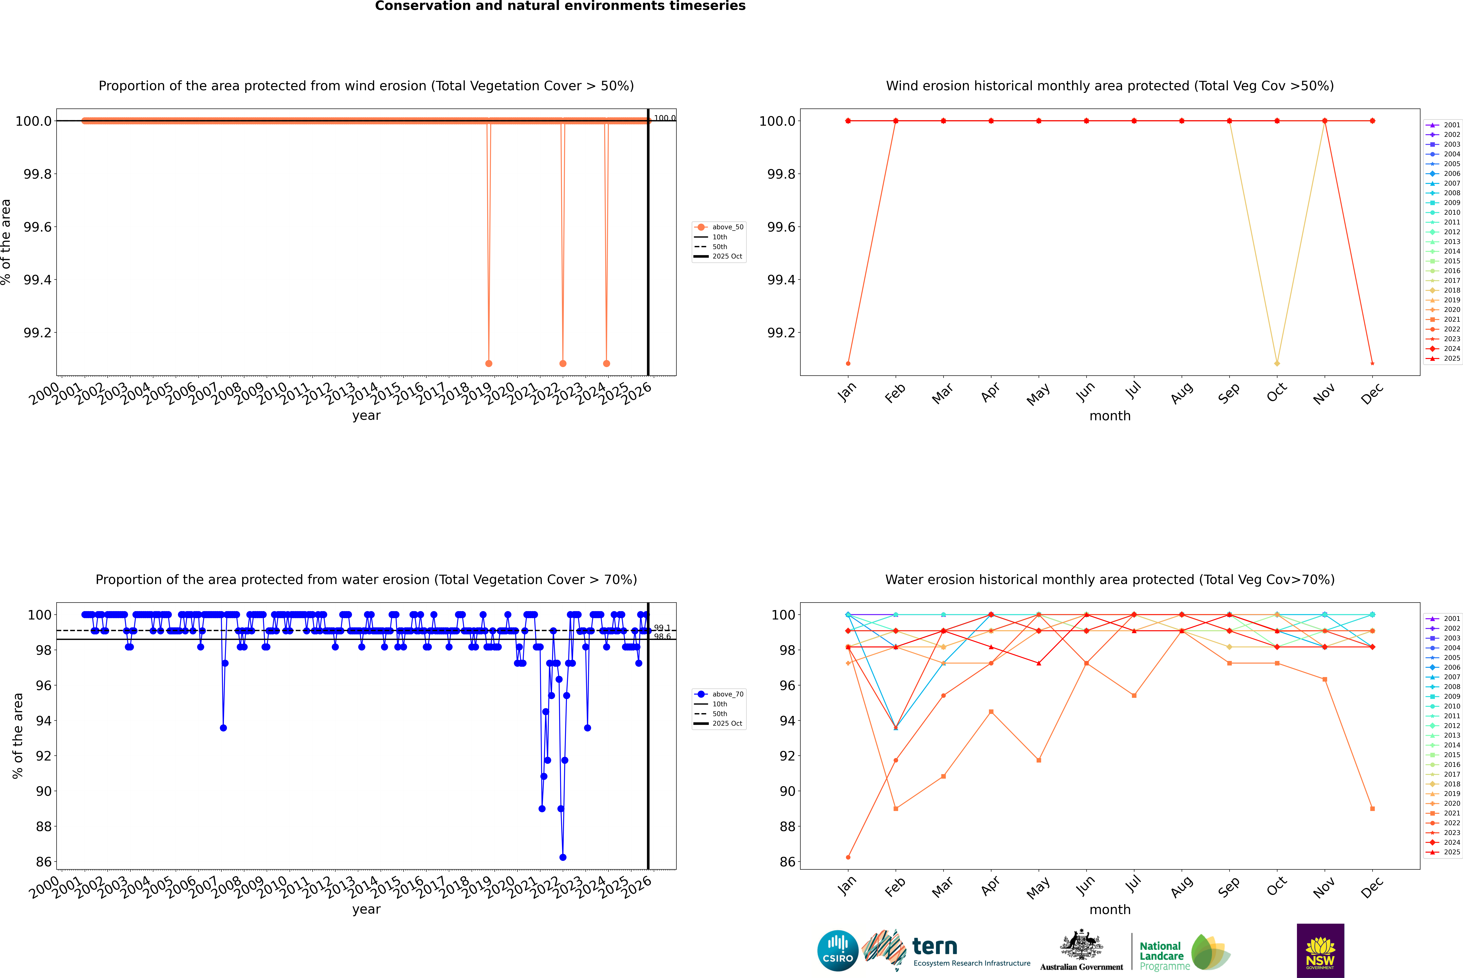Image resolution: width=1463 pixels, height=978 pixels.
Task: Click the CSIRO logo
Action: (x=838, y=951)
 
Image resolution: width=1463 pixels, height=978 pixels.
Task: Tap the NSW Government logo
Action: (x=1320, y=951)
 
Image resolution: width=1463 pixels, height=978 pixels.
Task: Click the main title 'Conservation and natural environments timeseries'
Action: (x=560, y=6)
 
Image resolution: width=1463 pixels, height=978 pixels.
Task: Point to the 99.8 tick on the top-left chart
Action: (x=37, y=174)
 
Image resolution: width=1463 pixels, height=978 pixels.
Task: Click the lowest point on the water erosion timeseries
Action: (x=563, y=857)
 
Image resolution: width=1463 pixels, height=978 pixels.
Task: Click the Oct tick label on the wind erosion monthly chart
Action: (x=1277, y=393)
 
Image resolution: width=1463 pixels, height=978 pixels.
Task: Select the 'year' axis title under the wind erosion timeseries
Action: (x=366, y=415)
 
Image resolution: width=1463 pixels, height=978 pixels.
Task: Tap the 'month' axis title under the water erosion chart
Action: (x=1109, y=909)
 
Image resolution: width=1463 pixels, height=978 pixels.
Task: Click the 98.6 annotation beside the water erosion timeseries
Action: (x=662, y=637)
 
